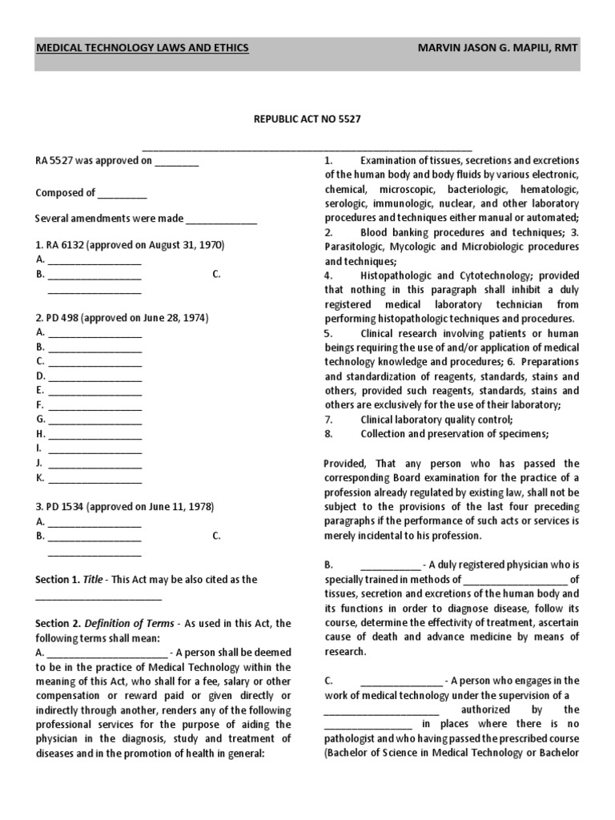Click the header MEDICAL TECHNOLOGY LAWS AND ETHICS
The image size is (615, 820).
click(x=143, y=48)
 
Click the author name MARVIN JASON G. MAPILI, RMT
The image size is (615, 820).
click(x=497, y=48)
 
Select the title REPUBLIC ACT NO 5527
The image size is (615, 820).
click(x=307, y=119)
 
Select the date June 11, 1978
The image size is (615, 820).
click(x=175, y=507)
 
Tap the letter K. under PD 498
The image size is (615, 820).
click(x=40, y=478)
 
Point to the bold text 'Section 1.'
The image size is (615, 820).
click(x=58, y=579)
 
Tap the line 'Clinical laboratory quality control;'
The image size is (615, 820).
click(x=436, y=420)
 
